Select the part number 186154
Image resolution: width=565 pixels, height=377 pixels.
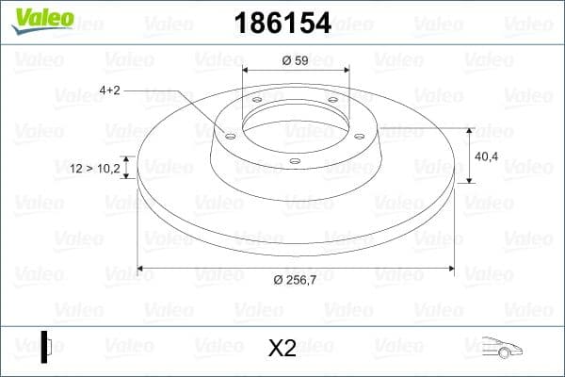[x=282, y=21]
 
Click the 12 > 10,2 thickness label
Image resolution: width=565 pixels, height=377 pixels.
[x=95, y=168]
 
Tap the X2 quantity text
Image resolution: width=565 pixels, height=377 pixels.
[x=282, y=348]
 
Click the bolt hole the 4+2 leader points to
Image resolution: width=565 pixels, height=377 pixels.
[x=231, y=134]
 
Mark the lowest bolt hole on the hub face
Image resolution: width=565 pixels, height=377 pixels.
[x=295, y=161]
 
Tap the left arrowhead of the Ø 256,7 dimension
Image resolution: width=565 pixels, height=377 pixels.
[x=140, y=270]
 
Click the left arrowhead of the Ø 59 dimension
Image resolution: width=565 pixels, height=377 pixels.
[x=246, y=70]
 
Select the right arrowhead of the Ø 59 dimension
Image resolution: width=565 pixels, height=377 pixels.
[x=347, y=70]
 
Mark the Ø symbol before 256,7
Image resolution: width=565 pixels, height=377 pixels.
[x=278, y=280]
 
